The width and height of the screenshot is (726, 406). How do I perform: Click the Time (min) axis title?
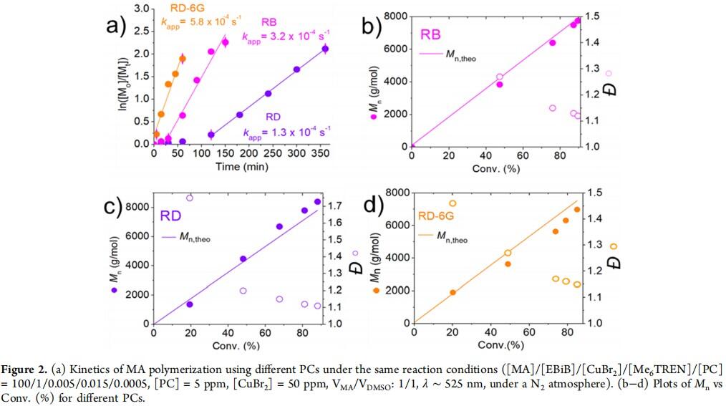point(242,166)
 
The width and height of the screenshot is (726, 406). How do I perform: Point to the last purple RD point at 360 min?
point(325,49)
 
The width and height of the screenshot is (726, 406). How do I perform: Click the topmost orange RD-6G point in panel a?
point(183,59)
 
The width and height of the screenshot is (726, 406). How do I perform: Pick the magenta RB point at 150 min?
point(225,42)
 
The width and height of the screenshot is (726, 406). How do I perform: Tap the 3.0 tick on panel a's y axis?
point(142,9)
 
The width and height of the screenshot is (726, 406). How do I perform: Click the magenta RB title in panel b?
point(430,34)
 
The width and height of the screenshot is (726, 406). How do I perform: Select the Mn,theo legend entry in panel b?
point(447,54)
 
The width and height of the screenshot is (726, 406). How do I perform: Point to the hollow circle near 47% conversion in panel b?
point(500,77)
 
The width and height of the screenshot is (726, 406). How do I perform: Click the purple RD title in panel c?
point(170,216)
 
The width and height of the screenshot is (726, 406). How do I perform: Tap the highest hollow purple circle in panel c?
point(189,198)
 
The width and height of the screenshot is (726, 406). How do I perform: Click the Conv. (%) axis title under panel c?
point(236,345)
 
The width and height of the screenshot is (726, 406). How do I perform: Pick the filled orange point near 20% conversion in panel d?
point(452,293)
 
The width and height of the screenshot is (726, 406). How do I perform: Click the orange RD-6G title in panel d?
point(436,216)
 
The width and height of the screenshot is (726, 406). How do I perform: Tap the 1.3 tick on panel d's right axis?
point(596,245)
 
